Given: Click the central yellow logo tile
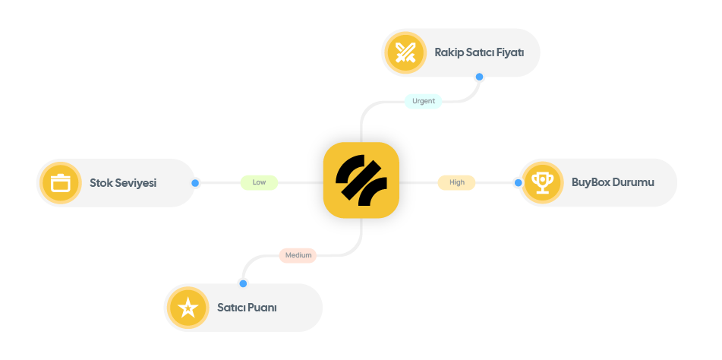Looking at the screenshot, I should click(361, 180).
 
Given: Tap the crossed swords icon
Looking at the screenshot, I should click(405, 52).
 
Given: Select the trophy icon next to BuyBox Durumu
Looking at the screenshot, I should click(542, 182).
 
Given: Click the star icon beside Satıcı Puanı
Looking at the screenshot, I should click(188, 308).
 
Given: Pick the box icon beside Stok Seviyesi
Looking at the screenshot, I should click(60, 183).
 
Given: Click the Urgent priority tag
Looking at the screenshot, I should click(423, 101).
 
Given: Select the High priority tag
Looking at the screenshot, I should click(456, 182).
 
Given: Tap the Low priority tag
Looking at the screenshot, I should click(259, 182).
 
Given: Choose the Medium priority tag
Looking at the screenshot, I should click(298, 255).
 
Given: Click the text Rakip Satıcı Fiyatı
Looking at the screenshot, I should click(478, 52).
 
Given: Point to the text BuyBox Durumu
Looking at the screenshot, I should click(612, 182).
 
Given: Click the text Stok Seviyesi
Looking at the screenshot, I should click(122, 183).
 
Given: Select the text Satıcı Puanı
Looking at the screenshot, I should click(247, 308).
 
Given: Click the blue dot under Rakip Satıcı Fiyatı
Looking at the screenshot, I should click(479, 77).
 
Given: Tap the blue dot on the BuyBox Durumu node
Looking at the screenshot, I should click(518, 182).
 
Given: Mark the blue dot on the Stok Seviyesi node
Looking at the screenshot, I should click(195, 183).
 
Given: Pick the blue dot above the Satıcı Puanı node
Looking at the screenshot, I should click(243, 283).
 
